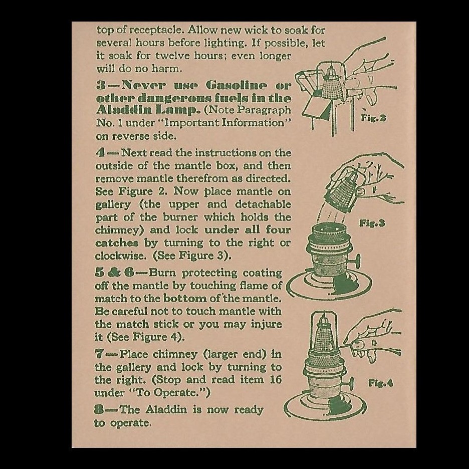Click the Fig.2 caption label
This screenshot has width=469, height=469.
(x=373, y=119)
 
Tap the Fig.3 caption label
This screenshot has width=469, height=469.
(x=372, y=223)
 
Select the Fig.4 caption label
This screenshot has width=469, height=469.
(x=381, y=383)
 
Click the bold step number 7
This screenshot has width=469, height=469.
(x=100, y=354)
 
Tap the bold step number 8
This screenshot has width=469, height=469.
(x=100, y=410)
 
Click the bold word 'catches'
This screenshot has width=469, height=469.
(x=116, y=243)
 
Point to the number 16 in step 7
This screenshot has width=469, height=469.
(x=275, y=380)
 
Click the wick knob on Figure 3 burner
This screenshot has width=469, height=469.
(x=356, y=261)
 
